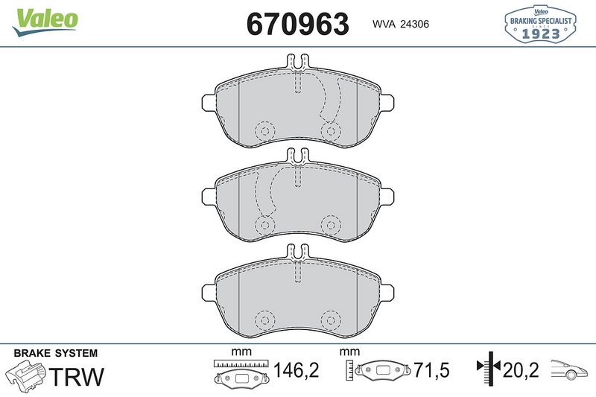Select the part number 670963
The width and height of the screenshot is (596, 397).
pyautogui.click(x=297, y=24)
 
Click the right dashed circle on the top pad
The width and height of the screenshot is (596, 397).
pyautogui.click(x=329, y=131)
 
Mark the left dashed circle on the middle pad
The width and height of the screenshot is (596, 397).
pyautogui.click(x=264, y=224)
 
